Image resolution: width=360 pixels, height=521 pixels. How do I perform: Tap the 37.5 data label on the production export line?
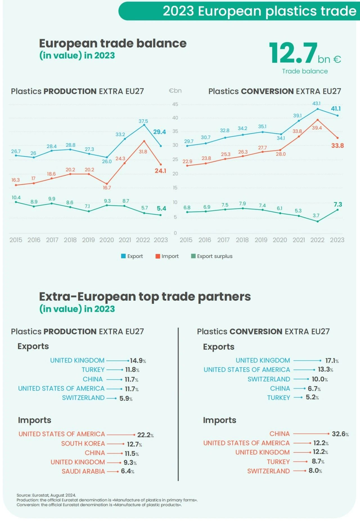click(143, 121)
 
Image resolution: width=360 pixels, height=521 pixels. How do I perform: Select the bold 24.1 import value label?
click(160, 171)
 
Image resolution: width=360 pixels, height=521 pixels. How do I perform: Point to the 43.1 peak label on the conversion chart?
click(316, 104)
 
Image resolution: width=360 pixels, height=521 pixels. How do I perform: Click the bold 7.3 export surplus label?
click(338, 205)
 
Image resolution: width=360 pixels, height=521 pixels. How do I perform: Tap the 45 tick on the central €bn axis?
click(175, 104)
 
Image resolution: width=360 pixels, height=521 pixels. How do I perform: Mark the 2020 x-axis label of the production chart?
click(107, 240)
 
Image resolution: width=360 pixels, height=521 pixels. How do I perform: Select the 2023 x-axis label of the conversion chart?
click(337, 240)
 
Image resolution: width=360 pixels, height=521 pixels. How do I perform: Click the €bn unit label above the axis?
click(175, 91)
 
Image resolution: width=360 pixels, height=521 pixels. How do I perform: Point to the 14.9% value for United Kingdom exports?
click(138, 361)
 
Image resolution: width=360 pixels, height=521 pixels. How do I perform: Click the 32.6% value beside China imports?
click(340, 434)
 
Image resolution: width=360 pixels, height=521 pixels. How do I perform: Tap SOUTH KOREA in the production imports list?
click(83, 444)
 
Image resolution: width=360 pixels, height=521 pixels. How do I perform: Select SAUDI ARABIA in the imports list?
click(83, 472)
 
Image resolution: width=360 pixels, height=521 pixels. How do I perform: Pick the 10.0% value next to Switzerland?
click(320, 379)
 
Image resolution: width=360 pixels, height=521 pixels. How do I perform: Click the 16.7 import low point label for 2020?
click(107, 188)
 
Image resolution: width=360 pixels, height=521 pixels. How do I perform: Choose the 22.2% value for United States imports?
click(145, 435)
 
